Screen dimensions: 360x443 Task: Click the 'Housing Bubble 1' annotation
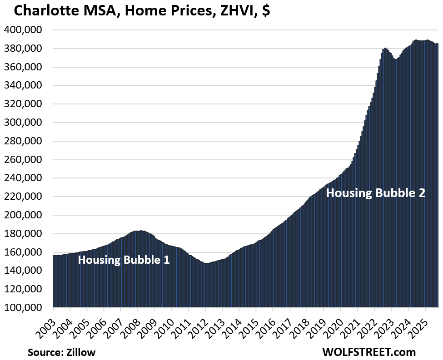(124, 261)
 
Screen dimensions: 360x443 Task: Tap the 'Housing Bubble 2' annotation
(376, 193)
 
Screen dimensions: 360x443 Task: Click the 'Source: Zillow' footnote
(61, 352)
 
